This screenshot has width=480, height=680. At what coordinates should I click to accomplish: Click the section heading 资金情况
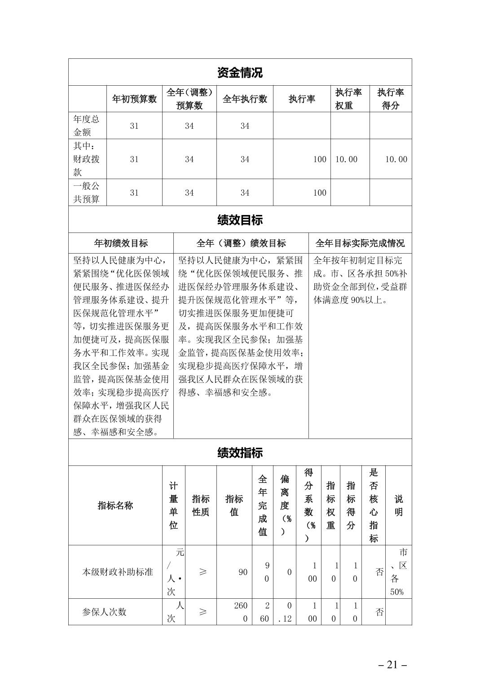click(x=240, y=72)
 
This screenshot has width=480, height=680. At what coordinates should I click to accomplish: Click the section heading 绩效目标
click(x=240, y=220)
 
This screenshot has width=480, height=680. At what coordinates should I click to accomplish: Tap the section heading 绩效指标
click(x=240, y=453)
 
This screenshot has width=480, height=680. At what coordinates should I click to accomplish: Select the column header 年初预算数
click(x=134, y=99)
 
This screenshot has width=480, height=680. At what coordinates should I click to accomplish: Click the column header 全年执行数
click(x=245, y=99)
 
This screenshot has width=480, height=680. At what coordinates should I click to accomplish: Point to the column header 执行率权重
click(x=348, y=99)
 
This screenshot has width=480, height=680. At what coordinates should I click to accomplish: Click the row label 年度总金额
click(x=87, y=126)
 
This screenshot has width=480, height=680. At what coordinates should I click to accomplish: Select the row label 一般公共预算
click(x=87, y=193)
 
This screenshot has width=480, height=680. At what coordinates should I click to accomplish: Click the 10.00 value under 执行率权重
click(x=346, y=159)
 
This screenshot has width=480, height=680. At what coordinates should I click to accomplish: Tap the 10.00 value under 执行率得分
click(x=396, y=159)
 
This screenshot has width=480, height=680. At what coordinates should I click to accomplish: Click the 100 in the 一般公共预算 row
click(x=319, y=193)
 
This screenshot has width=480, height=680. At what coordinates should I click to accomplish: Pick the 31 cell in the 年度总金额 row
click(x=134, y=126)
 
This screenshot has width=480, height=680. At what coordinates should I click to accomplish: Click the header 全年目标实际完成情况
click(x=360, y=243)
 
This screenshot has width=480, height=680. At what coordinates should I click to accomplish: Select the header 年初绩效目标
click(x=121, y=243)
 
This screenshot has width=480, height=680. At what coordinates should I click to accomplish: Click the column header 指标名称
click(x=115, y=505)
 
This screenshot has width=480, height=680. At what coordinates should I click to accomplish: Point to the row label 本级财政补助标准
click(x=117, y=572)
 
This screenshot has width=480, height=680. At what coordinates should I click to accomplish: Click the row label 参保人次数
click(x=104, y=612)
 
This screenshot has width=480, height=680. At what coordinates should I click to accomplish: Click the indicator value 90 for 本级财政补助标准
click(x=242, y=572)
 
